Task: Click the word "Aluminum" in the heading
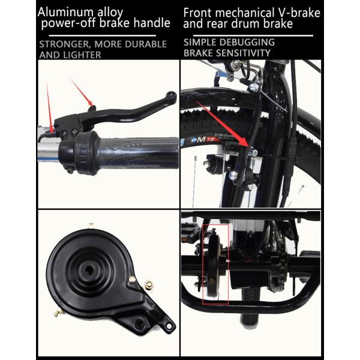[65, 12]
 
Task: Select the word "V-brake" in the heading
[299, 13]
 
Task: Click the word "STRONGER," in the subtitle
[64, 44]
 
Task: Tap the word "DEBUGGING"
[247, 42]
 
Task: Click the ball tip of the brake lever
[172, 94]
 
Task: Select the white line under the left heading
[103, 35]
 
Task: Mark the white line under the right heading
[253, 35]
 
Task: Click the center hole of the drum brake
[89, 271]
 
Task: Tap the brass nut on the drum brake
[149, 286]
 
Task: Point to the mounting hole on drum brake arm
[169, 326]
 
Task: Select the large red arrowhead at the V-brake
[243, 143]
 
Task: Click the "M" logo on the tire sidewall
[202, 139]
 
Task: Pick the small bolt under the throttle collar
[70, 170]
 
